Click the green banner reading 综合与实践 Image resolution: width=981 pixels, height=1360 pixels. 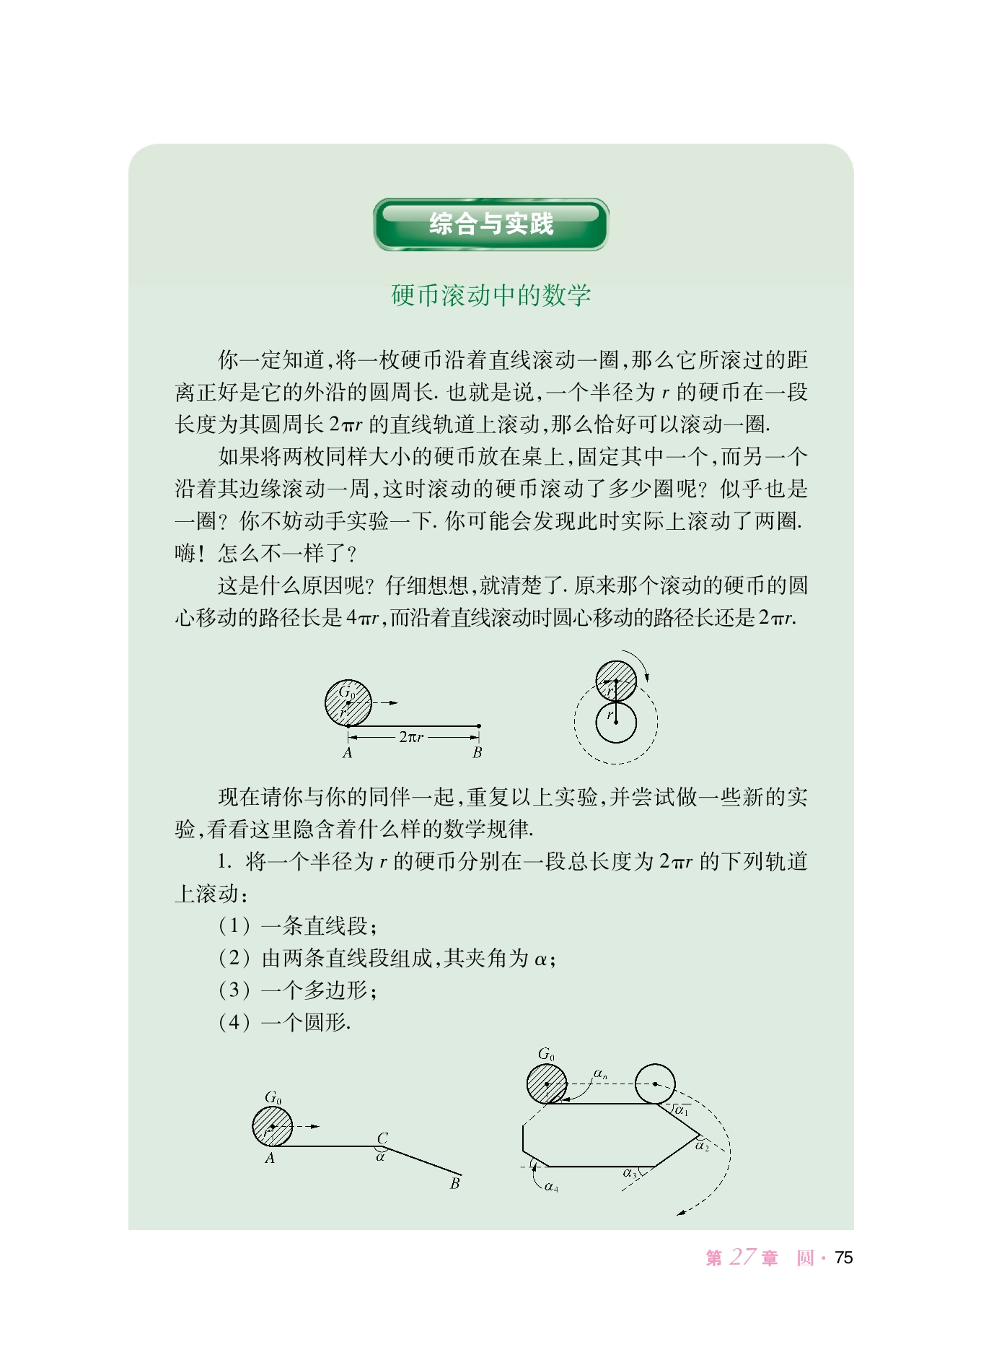coord(490,225)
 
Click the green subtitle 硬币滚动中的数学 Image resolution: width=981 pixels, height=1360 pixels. coord(490,295)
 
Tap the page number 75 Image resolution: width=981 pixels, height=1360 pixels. coord(843,1257)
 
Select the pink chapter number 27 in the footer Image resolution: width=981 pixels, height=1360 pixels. coord(742,1257)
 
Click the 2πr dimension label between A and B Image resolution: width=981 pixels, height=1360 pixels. coord(412,737)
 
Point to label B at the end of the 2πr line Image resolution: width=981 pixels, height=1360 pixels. coord(477,753)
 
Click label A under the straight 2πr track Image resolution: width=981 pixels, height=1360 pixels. coord(348,753)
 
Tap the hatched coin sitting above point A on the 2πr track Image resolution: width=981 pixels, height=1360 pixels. coord(348,703)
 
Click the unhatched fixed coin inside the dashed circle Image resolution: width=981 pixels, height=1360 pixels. coord(616,723)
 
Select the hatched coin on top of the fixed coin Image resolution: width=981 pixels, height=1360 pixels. coord(616,681)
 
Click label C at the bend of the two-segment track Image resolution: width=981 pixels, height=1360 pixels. coord(383,1138)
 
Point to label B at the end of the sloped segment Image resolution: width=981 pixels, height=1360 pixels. coord(454,1183)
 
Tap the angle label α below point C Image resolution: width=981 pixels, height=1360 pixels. coord(381,1156)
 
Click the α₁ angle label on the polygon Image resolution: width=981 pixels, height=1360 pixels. coord(681,1110)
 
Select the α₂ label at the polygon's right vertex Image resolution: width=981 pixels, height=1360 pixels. coord(702,1146)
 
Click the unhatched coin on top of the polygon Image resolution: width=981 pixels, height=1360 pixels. coord(655,1084)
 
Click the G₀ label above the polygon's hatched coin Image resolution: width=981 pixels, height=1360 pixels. coord(546,1055)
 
